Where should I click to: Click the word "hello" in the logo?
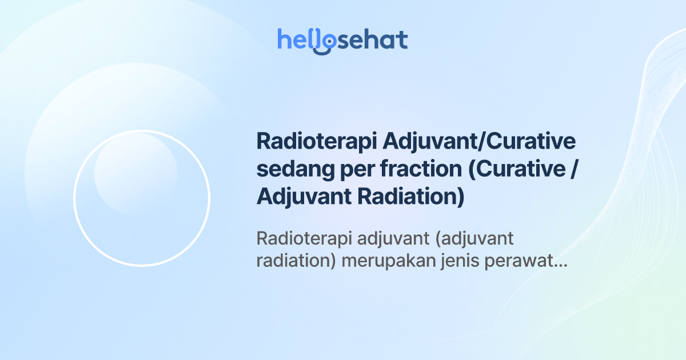(x=301, y=40)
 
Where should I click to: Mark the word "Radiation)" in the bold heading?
(x=410, y=197)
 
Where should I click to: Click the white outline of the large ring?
(x=74, y=198)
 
